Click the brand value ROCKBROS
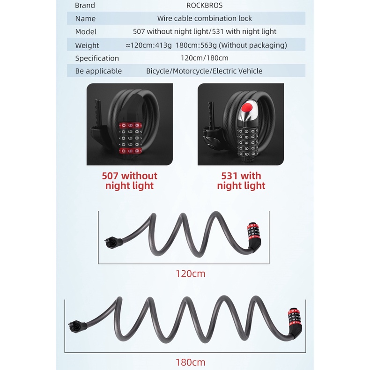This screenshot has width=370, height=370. [x=204, y=5]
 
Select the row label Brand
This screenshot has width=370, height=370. [x=85, y=5]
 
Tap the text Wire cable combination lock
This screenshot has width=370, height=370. [x=204, y=18]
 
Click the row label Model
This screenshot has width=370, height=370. [x=86, y=31]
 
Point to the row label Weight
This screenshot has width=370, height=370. [x=87, y=45]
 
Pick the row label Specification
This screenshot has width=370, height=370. [x=97, y=58]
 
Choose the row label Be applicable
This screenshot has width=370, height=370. [x=98, y=71]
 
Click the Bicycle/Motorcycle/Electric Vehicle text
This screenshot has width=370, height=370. [x=204, y=71]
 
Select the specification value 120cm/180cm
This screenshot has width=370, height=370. [x=204, y=58]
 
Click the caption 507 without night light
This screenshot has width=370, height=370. [x=130, y=181]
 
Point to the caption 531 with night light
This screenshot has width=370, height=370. [x=241, y=181]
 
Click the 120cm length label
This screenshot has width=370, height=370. [x=191, y=274]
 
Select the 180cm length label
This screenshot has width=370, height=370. [x=190, y=362]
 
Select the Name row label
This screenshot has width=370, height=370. [x=85, y=18]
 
